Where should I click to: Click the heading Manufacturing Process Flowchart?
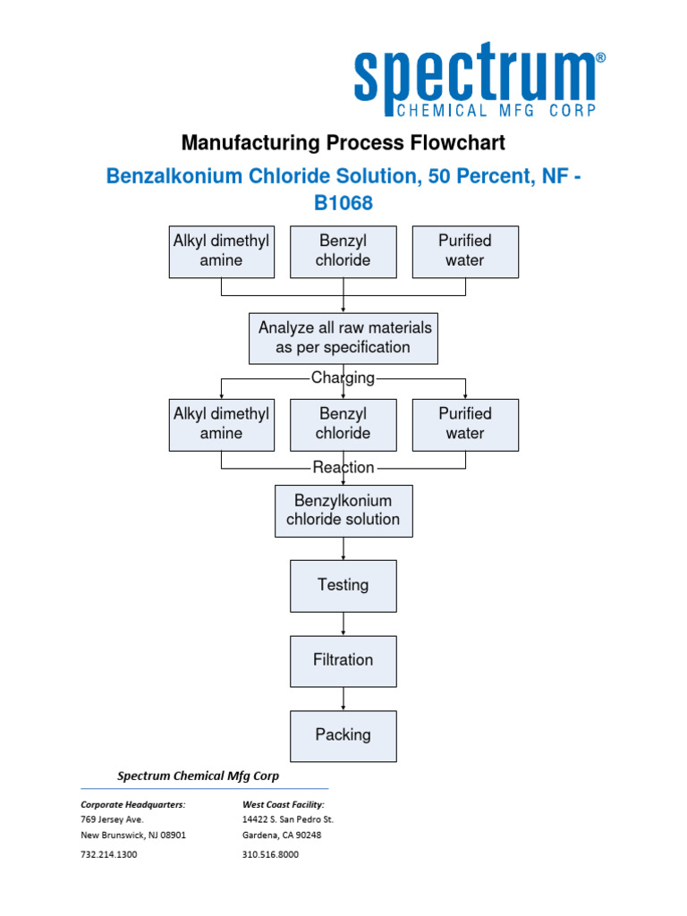(343, 142)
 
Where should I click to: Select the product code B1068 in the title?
(343, 203)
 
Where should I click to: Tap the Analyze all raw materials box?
(343, 338)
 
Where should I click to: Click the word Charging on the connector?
(343, 377)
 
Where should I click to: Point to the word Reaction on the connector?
(343, 467)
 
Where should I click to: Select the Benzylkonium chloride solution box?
(343, 510)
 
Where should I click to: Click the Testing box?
(343, 585)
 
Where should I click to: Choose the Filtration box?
(343, 660)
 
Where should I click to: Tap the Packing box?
(343, 735)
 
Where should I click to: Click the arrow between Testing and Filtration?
(343, 624)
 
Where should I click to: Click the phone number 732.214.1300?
(109, 854)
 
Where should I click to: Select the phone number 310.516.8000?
(270, 854)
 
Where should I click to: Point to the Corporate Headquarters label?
(133, 804)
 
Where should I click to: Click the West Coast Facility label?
(284, 804)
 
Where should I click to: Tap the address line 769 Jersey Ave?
(112, 818)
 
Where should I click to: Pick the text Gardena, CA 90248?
(282, 835)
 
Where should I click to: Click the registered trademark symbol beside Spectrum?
(599, 56)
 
